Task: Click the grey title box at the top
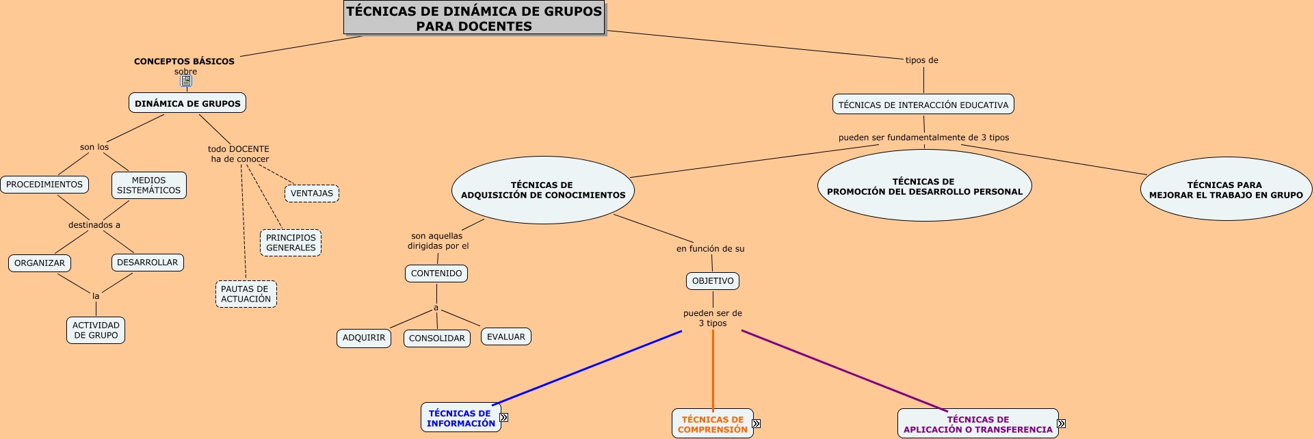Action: [x=474, y=18]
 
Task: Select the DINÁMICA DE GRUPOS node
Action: [x=187, y=103]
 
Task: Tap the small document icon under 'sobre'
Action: [x=186, y=81]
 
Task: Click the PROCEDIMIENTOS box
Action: [x=44, y=185]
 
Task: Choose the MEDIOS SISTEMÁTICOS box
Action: [x=148, y=185]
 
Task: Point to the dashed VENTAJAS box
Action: [x=312, y=194]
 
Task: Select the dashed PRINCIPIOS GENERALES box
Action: [x=291, y=243]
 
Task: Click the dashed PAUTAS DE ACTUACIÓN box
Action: [x=246, y=294]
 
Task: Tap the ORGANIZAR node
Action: [x=40, y=263]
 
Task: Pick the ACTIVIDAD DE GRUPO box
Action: [x=96, y=330]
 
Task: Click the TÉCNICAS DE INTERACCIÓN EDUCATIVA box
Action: [x=923, y=105]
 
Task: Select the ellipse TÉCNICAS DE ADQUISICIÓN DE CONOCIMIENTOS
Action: [x=543, y=190]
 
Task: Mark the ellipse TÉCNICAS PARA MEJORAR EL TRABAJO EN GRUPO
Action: [x=1226, y=189]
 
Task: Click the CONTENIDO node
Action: [x=436, y=274]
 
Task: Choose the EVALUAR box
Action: [x=506, y=337]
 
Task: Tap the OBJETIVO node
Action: [x=713, y=281]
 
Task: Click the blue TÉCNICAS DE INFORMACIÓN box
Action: [x=460, y=418]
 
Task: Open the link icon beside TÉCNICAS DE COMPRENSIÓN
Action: [x=756, y=424]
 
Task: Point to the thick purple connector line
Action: [x=845, y=371]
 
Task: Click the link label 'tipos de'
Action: [x=921, y=60]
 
